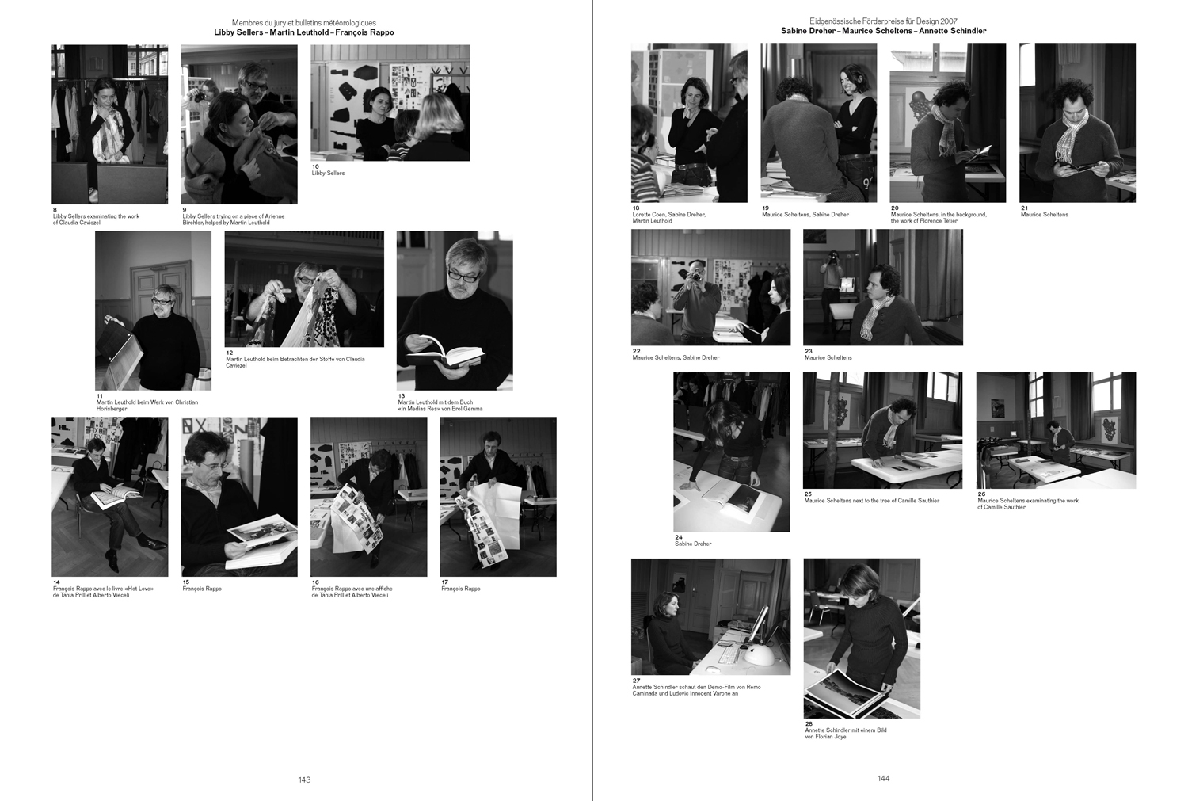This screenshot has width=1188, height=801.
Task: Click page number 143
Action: [x=304, y=780]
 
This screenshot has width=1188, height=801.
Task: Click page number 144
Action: [x=884, y=778]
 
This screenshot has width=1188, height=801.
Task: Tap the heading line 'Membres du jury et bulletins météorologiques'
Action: [x=304, y=23]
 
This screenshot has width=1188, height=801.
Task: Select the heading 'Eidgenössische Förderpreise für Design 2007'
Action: [x=884, y=21]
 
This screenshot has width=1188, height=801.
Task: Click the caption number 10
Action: [x=315, y=166]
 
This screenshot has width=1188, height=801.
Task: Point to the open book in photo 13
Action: [x=446, y=352]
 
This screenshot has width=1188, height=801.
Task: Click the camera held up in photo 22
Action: [x=695, y=275]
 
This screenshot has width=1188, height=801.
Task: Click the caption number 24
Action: [x=678, y=537]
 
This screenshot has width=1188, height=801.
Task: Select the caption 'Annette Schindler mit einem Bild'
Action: [x=846, y=730]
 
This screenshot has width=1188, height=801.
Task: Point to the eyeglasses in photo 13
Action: [x=463, y=275]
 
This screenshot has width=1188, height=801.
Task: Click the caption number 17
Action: [x=445, y=582]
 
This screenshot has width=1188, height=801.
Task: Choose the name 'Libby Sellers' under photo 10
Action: [x=329, y=173]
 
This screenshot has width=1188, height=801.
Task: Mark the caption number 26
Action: [x=982, y=494]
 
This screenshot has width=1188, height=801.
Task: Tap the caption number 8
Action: [x=55, y=210]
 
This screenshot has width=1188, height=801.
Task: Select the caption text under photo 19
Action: [x=805, y=214]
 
